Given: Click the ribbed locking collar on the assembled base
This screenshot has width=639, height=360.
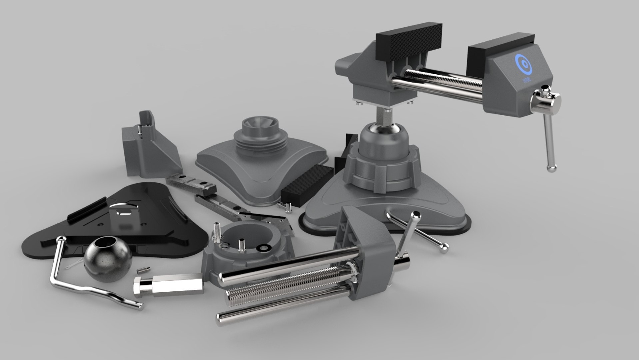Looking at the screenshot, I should click(383, 170).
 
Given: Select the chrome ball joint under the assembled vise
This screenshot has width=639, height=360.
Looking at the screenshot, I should click(383, 128).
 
